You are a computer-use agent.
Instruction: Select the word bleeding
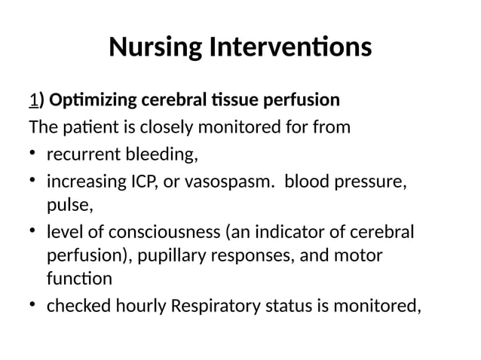tap(164, 155)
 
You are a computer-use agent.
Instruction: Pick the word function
tap(79, 279)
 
